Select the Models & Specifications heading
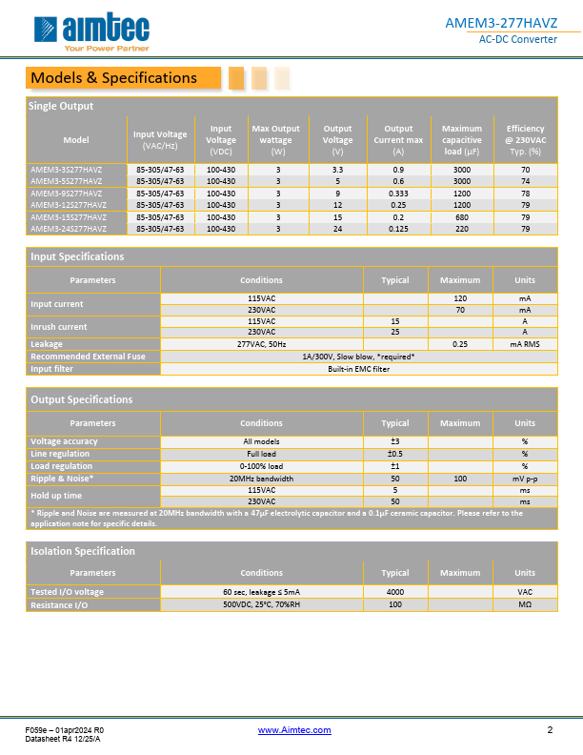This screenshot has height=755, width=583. (x=113, y=78)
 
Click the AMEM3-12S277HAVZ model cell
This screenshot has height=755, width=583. (x=67, y=205)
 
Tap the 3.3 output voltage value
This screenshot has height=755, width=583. (x=337, y=169)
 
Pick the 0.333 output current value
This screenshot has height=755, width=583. (x=398, y=193)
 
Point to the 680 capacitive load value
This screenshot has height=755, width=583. (x=461, y=216)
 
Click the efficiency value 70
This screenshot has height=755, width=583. (x=525, y=169)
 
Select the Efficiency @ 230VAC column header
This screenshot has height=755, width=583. (x=525, y=139)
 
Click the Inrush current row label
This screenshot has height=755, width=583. (x=58, y=327)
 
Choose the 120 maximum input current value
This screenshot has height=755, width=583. (x=460, y=298)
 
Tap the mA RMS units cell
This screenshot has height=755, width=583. (x=525, y=344)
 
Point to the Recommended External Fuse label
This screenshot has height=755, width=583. (x=88, y=357)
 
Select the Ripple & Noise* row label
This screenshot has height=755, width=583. (x=62, y=479)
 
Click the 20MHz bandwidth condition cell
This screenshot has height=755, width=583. (x=261, y=479)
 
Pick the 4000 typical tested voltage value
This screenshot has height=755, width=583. (x=395, y=593)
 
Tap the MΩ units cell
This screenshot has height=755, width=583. (x=525, y=605)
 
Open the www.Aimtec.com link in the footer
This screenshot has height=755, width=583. (x=294, y=730)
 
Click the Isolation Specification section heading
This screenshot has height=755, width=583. (x=83, y=551)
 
